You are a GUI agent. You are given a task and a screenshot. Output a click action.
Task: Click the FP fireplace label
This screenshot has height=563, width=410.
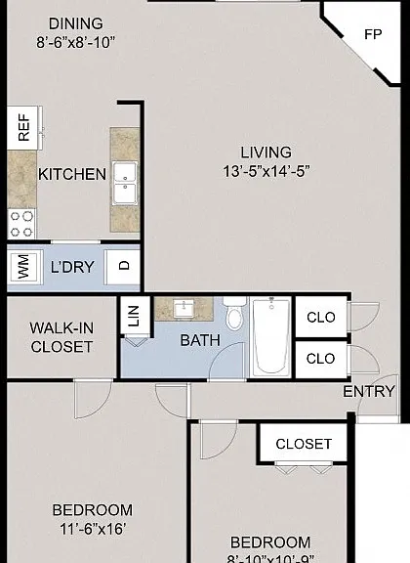click(373, 34)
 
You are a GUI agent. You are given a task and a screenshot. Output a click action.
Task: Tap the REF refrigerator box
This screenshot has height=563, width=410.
click(22, 127)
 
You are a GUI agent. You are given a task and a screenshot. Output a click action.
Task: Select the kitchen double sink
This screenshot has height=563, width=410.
click(125, 184)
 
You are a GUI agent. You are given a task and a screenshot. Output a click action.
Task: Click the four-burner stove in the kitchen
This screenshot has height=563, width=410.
click(21, 224)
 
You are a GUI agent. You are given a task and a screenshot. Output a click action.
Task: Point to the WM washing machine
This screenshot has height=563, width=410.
click(24, 266)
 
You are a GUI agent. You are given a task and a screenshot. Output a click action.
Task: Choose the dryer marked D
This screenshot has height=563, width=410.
click(122, 266)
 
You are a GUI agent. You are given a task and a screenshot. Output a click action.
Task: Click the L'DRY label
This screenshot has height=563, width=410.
click(72, 267)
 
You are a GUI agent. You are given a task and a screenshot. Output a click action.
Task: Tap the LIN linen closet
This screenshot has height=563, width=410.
click(135, 316)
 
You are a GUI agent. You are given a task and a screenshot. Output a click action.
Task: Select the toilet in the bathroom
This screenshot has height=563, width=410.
click(234, 314)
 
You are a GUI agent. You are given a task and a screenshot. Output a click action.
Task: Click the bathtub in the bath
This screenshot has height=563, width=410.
click(271, 337)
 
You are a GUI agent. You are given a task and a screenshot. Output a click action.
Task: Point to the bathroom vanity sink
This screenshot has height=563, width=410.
click(184, 309)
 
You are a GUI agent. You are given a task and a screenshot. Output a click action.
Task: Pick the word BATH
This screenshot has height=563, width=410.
click(200, 340)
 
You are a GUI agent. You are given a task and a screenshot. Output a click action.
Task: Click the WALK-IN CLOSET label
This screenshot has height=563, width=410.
click(61, 337)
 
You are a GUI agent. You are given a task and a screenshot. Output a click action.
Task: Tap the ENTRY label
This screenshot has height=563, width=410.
click(368, 391)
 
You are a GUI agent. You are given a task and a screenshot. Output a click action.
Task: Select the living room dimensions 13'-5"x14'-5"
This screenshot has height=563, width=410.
click(266, 171)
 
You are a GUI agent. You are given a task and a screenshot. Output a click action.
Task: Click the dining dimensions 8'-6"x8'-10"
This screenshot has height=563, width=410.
click(75, 42)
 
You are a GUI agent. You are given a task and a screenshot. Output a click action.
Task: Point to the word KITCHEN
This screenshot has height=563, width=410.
click(72, 174)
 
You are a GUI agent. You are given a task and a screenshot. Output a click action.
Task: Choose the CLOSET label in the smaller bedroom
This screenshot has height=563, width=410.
click(304, 444)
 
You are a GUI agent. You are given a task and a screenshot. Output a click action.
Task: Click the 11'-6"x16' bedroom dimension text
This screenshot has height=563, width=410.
click(92, 529)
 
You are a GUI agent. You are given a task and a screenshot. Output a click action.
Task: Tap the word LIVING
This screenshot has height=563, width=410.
click(266, 152)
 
